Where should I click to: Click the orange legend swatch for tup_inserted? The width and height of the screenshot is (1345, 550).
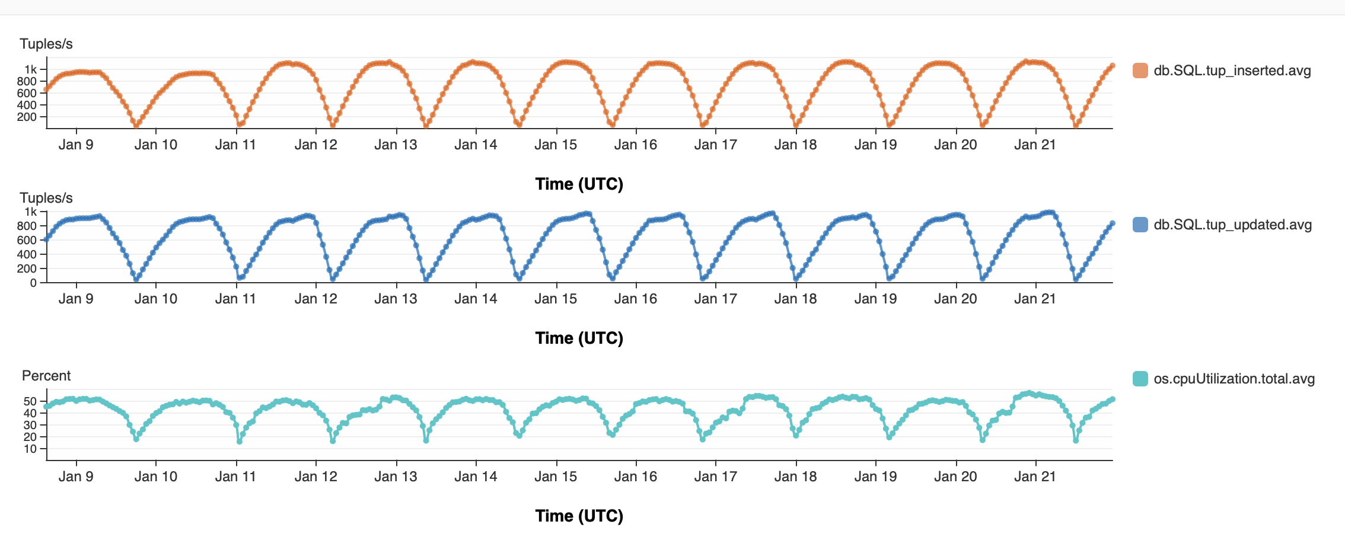pos(1140,71)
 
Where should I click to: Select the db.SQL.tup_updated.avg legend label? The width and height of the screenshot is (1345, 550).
pos(1232,225)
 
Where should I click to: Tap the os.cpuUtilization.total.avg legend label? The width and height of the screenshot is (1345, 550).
pos(1234,379)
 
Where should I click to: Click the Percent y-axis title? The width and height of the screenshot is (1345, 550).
pos(46,376)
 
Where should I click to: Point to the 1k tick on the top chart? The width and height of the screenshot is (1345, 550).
pos(31,69)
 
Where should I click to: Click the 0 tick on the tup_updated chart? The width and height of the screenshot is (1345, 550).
pos(34,283)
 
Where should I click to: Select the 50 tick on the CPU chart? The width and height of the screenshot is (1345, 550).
pos(30,401)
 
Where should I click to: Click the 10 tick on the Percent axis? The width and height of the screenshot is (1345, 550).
pos(30,449)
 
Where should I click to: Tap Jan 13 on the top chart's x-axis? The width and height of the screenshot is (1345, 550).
pos(396,145)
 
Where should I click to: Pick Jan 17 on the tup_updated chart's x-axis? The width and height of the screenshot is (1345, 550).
pos(715,299)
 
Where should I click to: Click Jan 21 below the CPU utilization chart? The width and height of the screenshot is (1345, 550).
pos(1035,477)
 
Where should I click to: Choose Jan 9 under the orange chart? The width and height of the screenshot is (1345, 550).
pos(76,145)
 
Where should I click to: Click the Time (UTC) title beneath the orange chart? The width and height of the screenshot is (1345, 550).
pos(579,184)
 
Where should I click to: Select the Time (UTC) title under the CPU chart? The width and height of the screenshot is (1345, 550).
pos(579,516)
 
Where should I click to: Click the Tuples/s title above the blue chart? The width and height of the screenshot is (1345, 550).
pos(46,198)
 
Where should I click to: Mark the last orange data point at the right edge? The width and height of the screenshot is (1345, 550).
pos(1113,66)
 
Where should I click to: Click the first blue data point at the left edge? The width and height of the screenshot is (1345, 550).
pos(47,239)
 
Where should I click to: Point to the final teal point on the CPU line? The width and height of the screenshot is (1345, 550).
pos(1113,399)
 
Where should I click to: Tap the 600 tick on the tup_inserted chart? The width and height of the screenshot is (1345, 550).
pos(27,93)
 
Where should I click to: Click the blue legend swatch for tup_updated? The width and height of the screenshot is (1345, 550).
pos(1140,225)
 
